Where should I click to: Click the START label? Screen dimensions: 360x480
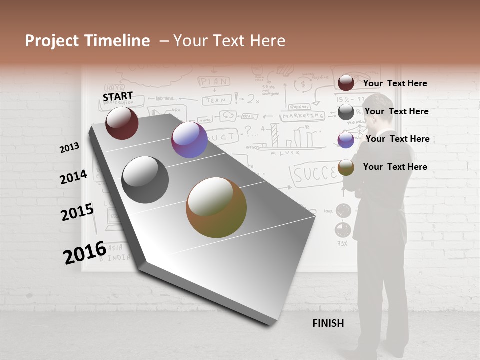coord(118,96)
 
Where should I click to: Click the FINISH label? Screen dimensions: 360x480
coord(328,323)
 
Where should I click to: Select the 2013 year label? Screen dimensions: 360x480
coord(70,148)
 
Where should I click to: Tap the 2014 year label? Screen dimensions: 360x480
coord(74,177)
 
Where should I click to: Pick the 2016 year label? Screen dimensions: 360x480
coord(85,252)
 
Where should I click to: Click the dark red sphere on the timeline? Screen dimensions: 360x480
coord(122,123)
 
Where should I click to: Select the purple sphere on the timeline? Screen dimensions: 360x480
coord(189,140)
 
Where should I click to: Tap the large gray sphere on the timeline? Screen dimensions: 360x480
coord(145,180)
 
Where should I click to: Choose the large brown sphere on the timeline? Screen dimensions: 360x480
coord(216,207)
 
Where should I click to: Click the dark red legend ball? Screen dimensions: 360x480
coord(346,83)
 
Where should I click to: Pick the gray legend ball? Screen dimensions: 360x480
coord(346,112)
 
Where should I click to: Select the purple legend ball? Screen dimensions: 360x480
coord(346,140)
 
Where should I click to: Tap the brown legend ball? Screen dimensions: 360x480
coord(346,167)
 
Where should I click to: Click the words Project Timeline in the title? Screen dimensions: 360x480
coord(87,41)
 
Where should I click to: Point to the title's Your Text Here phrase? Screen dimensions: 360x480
coord(229,41)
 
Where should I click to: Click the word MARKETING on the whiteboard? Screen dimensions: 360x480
coord(302,115)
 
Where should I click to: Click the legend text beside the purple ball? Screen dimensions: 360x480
coord(397,139)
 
